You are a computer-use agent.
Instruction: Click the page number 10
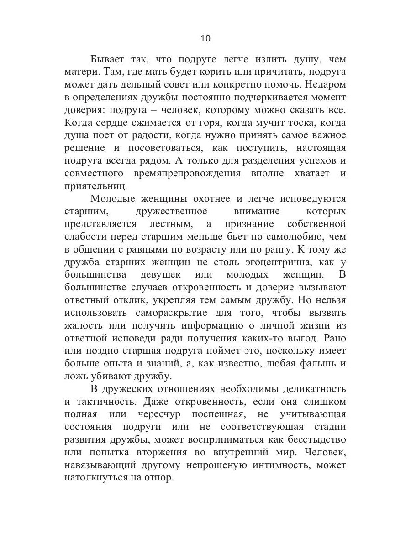coord(205,39)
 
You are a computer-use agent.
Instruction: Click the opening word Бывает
coord(108,59)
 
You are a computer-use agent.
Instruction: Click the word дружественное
coord(172,212)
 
